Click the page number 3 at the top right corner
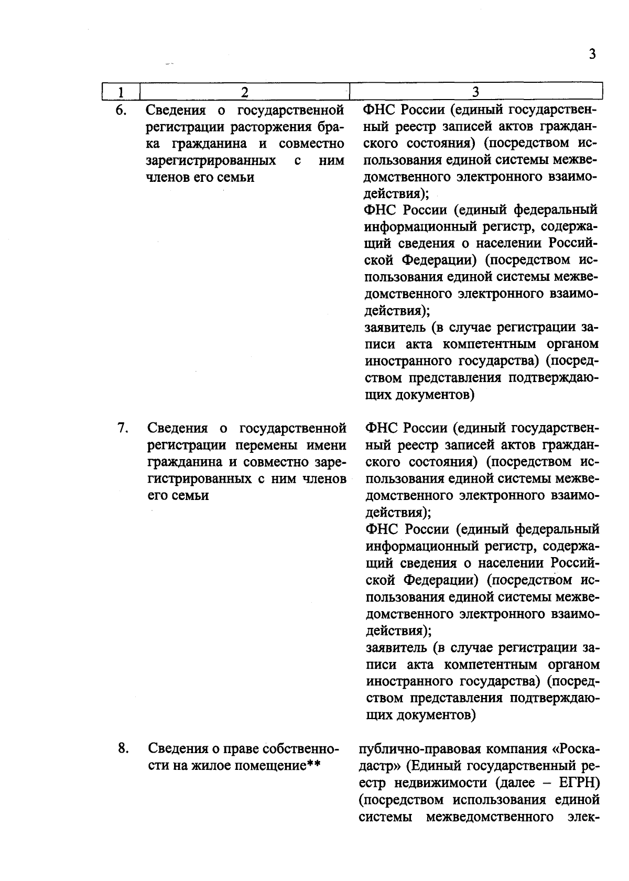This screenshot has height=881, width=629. [592, 55]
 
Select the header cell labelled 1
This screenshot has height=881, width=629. [120, 92]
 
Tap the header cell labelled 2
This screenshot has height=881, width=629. [244, 92]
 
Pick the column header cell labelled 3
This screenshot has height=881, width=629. [475, 92]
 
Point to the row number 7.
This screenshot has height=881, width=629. [122, 428]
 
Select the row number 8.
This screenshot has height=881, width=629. [123, 748]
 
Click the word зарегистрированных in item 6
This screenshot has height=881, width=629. [211, 160]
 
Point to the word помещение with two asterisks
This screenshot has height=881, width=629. [269, 766]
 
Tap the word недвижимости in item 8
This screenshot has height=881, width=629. [430, 783]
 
